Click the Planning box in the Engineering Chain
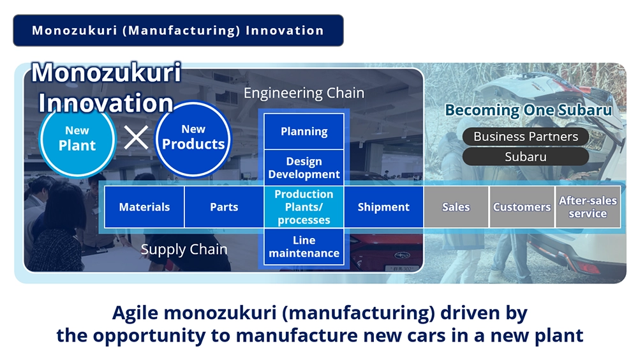pos(304,131)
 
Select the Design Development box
pos(304,168)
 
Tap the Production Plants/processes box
pos(304,207)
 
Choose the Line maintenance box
pos(304,247)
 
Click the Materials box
pos(144,207)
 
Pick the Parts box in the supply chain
pos(224,207)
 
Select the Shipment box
pos(383,207)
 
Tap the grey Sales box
pos(456,207)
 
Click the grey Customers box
pos(522,207)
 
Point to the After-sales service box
pos(588,207)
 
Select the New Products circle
pos(193,139)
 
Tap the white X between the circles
pos(137,138)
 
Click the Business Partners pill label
pos(526,137)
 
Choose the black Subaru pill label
pos(526,157)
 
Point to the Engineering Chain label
pos(304,93)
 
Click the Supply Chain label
pos(184,249)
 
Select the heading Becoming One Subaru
pos(528,110)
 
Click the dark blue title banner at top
pos(178,31)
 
